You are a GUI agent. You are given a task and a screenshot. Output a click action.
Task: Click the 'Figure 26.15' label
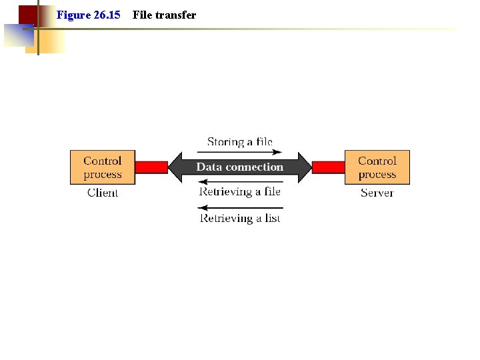pyautogui.click(x=89, y=15)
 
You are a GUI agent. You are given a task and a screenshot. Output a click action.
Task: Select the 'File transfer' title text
pyautogui.click(x=164, y=15)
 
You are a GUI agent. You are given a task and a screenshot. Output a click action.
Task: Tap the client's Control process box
pyautogui.click(x=103, y=167)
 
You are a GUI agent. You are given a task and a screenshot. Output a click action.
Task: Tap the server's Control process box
pyautogui.click(x=377, y=167)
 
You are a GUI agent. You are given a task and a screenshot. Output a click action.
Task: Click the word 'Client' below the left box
pyautogui.click(x=103, y=193)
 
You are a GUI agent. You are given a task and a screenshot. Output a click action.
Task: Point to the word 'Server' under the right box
pyautogui.click(x=377, y=193)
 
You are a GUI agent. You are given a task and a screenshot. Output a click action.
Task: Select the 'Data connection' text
pyautogui.click(x=240, y=167)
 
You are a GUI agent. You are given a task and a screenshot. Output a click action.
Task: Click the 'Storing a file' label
pyautogui.click(x=240, y=142)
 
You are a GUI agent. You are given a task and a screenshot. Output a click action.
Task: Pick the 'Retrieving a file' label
pyautogui.click(x=240, y=192)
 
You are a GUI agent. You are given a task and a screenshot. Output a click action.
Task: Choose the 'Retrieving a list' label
pyautogui.click(x=240, y=218)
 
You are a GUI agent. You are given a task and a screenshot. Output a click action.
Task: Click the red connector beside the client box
pyautogui.click(x=151, y=167)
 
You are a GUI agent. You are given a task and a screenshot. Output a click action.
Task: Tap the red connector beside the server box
pyautogui.click(x=328, y=167)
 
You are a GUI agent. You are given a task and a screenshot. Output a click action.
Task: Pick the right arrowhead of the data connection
pyautogui.click(x=304, y=167)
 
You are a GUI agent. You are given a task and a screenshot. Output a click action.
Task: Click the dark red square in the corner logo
pyautogui.click(x=27, y=15)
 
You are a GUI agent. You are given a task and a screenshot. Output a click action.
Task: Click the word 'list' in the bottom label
pyautogui.click(x=272, y=218)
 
